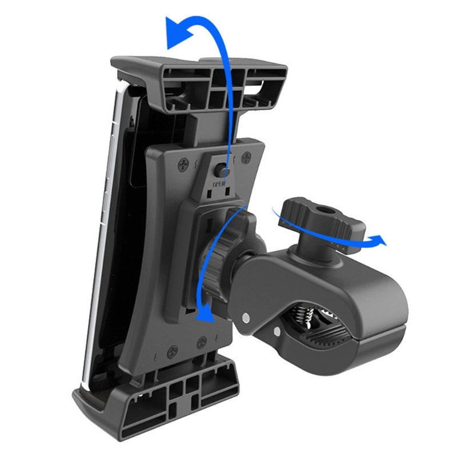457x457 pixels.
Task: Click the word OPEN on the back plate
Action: (220, 185)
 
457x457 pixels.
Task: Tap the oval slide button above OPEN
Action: (221, 170)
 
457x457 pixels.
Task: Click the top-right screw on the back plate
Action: (246, 157)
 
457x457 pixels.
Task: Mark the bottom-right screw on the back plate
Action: (201, 343)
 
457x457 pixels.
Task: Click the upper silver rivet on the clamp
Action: (245, 316)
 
